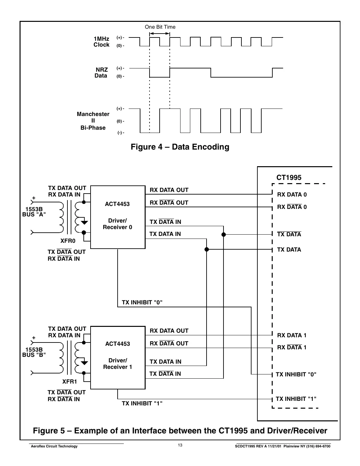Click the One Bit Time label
[x=160, y=27]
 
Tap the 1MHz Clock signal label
[x=101, y=42]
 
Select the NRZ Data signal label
[x=101, y=73]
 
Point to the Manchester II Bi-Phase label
[x=93, y=121]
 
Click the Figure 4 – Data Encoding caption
[x=180, y=147]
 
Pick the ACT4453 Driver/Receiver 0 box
[x=118, y=217]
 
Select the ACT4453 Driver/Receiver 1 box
[x=118, y=357]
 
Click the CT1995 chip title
[x=289, y=178]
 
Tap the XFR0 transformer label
[x=68, y=241]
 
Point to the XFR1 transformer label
[x=69, y=382]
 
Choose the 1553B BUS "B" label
[x=34, y=352]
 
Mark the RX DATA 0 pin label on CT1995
[x=292, y=195]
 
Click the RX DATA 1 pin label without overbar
[x=292, y=335]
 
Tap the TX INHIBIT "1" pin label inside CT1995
[x=296, y=399]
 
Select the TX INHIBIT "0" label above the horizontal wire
[x=142, y=302]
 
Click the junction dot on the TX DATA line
[x=207, y=250]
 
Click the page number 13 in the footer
[x=180, y=445]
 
